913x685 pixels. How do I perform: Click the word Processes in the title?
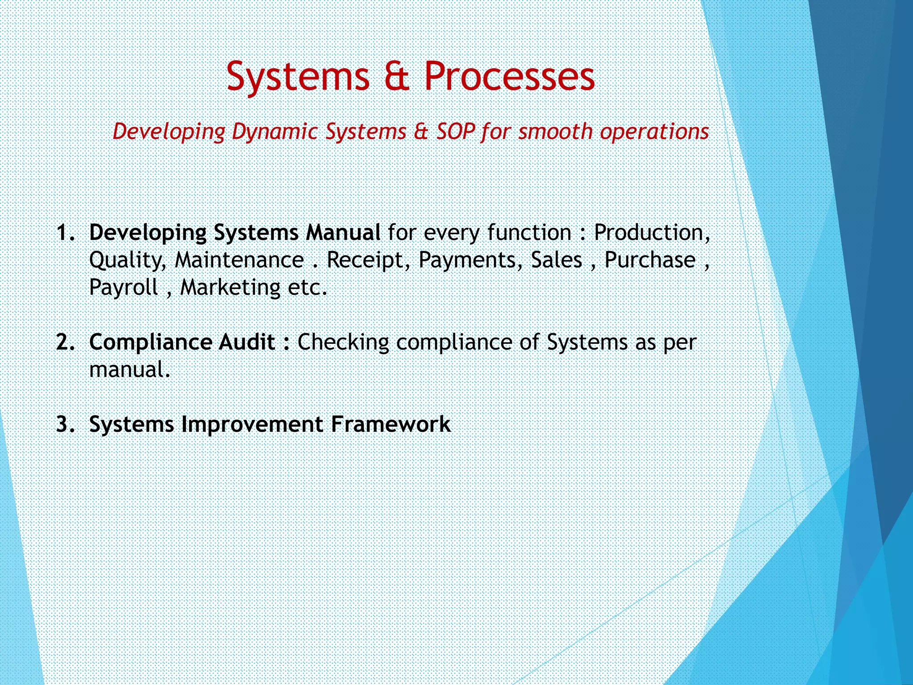(509, 76)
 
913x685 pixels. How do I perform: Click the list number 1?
(66, 233)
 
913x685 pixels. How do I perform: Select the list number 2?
(66, 342)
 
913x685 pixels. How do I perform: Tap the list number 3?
(66, 424)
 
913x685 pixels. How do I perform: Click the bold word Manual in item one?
(343, 233)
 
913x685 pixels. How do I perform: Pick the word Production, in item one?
(652, 233)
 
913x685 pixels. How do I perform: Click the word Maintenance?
(239, 260)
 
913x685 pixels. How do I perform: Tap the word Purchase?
(650, 260)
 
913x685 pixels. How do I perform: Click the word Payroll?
(123, 288)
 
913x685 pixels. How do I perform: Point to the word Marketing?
(230, 288)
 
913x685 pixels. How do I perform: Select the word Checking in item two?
(343, 342)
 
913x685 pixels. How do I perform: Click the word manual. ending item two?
(130, 370)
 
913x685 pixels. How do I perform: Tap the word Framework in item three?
(391, 424)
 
